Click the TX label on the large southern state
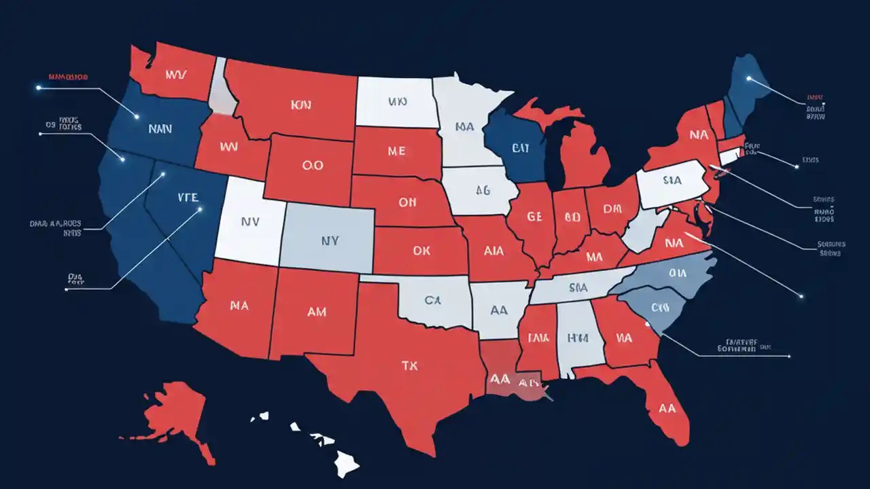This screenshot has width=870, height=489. (409, 365)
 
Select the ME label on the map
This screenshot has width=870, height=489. (396, 151)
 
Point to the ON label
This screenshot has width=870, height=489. (408, 202)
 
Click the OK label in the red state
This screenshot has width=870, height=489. (421, 251)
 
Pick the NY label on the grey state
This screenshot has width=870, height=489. (330, 240)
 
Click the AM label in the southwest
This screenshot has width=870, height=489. (317, 312)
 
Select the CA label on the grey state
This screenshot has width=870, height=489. (432, 300)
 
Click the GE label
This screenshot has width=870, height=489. (536, 217)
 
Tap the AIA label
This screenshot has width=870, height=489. (493, 251)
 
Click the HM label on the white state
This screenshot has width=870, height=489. (580, 337)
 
